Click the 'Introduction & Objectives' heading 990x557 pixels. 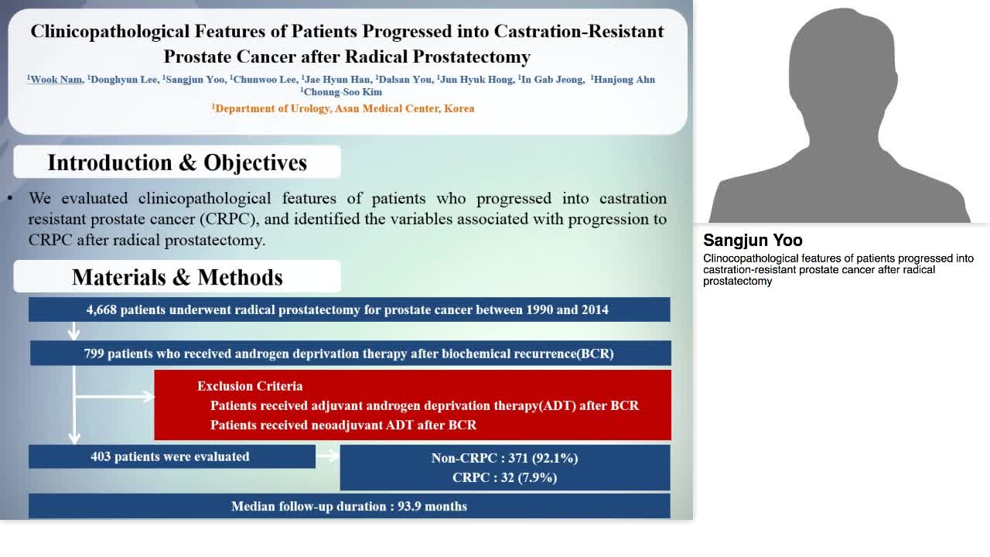click(x=177, y=162)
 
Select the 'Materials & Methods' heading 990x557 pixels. click(x=177, y=277)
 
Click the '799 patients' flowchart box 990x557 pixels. click(x=350, y=354)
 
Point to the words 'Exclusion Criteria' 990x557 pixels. click(x=250, y=386)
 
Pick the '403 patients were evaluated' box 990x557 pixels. click(x=171, y=456)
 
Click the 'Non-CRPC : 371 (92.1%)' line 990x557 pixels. click(x=504, y=458)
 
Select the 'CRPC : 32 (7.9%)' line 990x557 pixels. click(x=504, y=477)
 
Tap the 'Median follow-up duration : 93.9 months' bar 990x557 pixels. click(x=349, y=507)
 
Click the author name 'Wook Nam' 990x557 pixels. click(x=56, y=80)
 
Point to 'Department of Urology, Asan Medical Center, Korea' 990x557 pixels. click(x=344, y=108)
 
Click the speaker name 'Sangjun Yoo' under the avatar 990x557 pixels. click(x=753, y=241)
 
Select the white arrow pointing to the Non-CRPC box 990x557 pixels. click(x=328, y=456)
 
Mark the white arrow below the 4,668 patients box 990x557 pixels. click(x=74, y=331)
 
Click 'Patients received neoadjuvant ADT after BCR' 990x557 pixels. click(x=343, y=425)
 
